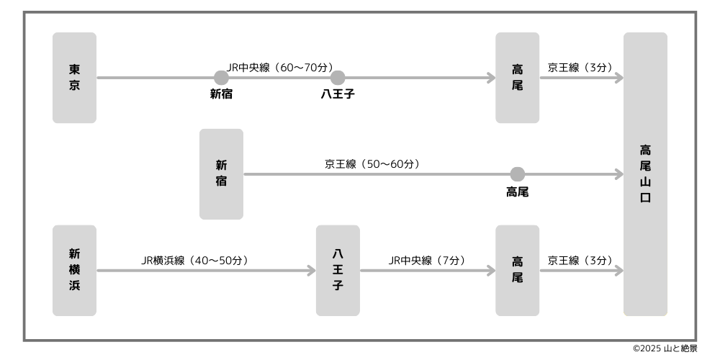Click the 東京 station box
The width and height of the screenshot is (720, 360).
coord(74,78)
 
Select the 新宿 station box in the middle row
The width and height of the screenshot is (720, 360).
coord(221,174)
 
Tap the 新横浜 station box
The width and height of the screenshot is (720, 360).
coord(74,270)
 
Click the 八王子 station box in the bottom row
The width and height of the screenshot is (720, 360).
coord(338,270)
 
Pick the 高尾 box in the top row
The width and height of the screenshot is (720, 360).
coord(517,78)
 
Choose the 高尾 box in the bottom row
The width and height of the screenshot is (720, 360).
coord(517,270)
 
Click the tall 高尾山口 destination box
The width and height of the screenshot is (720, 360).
coord(645,174)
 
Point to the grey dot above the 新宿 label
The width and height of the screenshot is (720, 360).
coord(221,78)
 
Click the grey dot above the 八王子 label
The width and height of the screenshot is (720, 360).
coord(338,78)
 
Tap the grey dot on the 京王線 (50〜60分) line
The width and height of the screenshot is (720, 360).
coord(517,174)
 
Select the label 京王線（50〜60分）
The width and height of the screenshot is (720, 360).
coord(372,164)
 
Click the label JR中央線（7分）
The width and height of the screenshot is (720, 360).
coord(426,261)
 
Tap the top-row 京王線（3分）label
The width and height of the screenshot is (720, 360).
coord(580,68)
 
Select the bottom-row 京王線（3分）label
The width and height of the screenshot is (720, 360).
coord(580,261)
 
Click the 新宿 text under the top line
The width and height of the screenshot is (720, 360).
coord(221,94)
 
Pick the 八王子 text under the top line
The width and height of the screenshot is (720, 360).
coord(338,94)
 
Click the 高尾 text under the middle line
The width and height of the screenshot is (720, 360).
coord(517,192)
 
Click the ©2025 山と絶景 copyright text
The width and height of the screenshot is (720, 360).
coord(665,348)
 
